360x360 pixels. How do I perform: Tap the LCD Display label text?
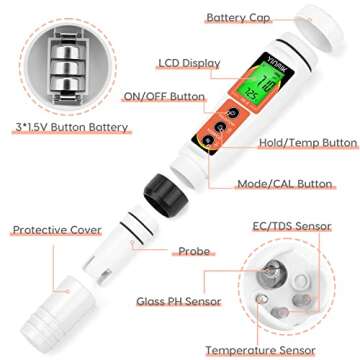click(189, 63)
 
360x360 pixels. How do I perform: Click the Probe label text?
click(194, 252)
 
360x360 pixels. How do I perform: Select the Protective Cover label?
click(57, 230)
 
